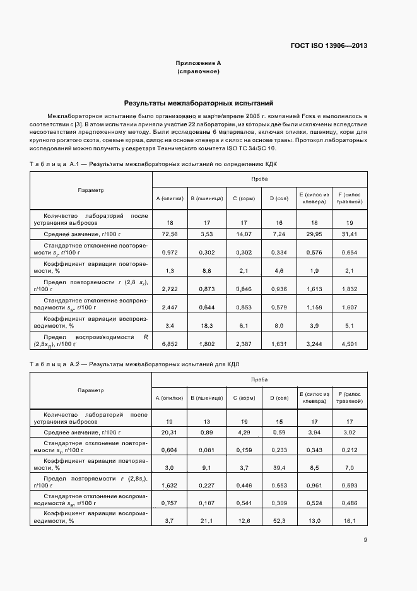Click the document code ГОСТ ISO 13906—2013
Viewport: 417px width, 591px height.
[329, 46]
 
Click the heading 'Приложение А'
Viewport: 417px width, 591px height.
[198, 64]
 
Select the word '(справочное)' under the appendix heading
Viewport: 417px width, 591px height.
[198, 72]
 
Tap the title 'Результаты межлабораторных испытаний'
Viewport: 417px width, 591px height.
[199, 102]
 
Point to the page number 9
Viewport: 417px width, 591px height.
[366, 539]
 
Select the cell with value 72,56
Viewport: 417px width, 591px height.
[170, 234]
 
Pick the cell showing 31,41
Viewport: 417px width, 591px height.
[348, 234]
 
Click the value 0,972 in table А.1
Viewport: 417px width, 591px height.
[170, 253]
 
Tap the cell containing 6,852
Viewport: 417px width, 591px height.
[170, 344]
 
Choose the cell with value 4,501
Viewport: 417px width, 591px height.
[348, 344]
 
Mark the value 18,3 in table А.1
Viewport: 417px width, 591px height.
[207, 326]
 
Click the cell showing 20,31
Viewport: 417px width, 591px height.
[169, 433]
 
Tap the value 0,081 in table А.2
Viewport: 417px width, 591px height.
[207, 450]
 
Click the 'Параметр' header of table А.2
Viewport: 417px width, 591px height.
[91, 390]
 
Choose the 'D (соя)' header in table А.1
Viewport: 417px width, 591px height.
[279, 199]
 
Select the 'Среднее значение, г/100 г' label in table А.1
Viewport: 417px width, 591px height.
[82, 234]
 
